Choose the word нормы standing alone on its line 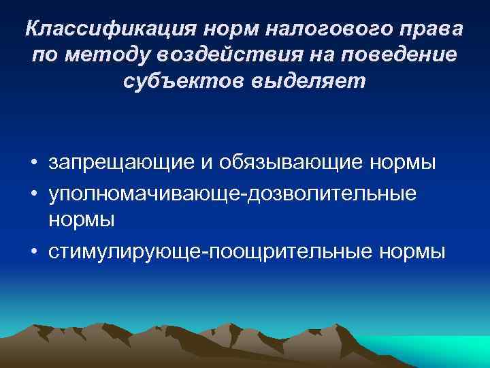tap(81, 219)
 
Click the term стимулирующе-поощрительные tap(208, 251)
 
